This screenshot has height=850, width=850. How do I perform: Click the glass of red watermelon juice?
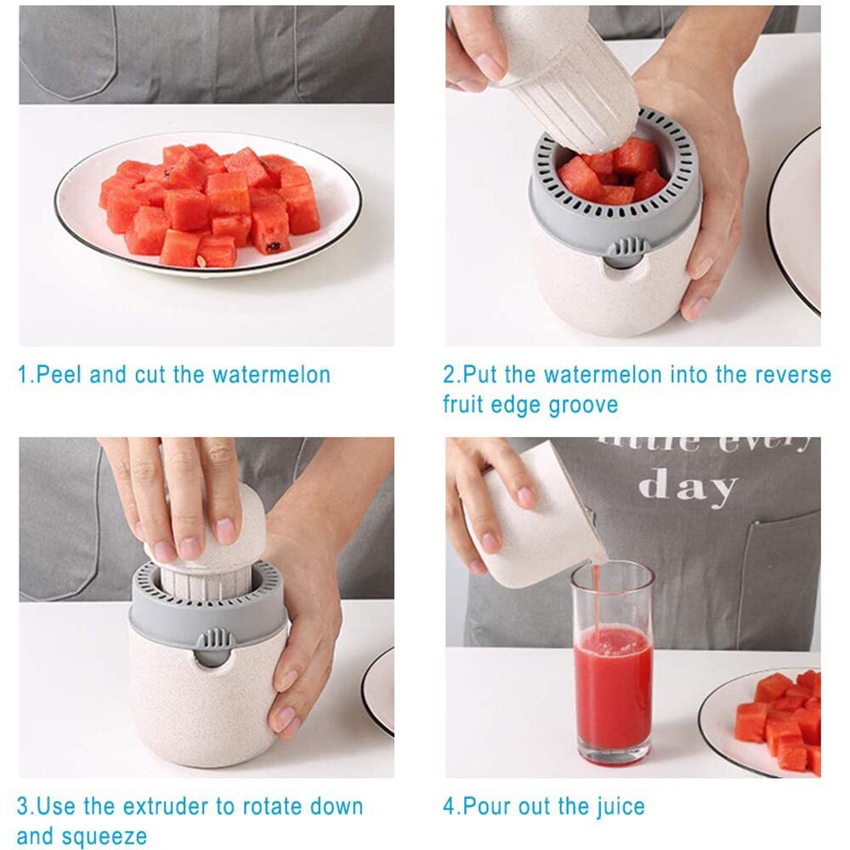click(612, 671)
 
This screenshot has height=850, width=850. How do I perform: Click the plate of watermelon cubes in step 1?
click(208, 204)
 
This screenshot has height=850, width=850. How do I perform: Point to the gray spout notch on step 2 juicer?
click(628, 249)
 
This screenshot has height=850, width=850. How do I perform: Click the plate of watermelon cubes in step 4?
click(773, 718)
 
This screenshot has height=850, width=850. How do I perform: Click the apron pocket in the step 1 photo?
click(68, 51)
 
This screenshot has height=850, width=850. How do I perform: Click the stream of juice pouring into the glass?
click(597, 595)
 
